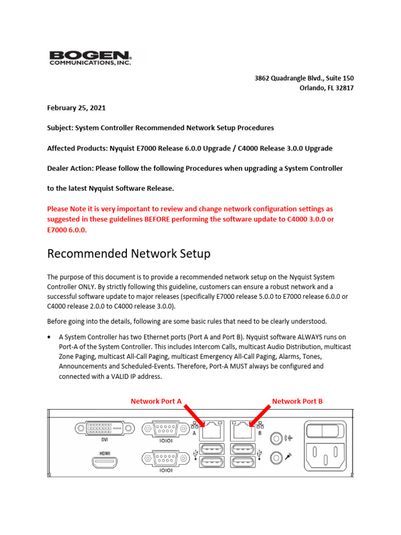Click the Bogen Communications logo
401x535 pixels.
click(x=90, y=58)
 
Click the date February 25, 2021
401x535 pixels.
click(x=76, y=108)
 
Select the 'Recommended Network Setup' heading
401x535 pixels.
click(x=128, y=254)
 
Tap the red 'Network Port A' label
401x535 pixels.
click(x=156, y=401)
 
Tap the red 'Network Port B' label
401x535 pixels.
click(x=297, y=401)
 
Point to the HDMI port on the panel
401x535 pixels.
click(x=105, y=462)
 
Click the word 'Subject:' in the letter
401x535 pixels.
click(x=60, y=128)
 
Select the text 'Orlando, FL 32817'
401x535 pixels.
click(x=326, y=88)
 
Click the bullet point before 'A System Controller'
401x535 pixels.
click(x=50, y=337)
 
